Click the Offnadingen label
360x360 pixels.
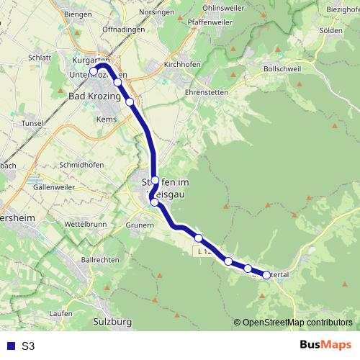click(124, 29)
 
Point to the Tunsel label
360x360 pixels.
click(33, 123)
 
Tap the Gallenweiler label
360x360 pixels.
click(55, 186)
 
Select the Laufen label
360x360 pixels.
click(62, 314)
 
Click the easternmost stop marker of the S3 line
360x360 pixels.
click(266, 275)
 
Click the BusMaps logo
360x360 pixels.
click(325, 345)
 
